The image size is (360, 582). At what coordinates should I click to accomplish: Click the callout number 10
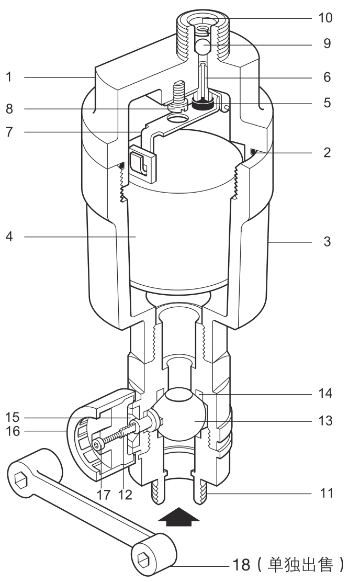pyautogui.click(x=325, y=18)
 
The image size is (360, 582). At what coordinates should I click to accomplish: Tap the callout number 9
pyautogui.click(x=327, y=44)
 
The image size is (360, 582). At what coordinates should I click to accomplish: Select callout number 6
pyautogui.click(x=327, y=77)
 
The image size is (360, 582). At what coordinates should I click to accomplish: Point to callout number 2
pyautogui.click(x=327, y=152)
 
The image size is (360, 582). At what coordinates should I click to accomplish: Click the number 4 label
pyautogui.click(x=9, y=236)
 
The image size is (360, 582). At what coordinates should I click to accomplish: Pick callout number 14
pyautogui.click(x=325, y=393)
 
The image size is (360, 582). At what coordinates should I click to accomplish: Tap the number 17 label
pyautogui.click(x=104, y=495)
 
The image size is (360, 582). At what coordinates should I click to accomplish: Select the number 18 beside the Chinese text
pyautogui.click(x=241, y=565)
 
